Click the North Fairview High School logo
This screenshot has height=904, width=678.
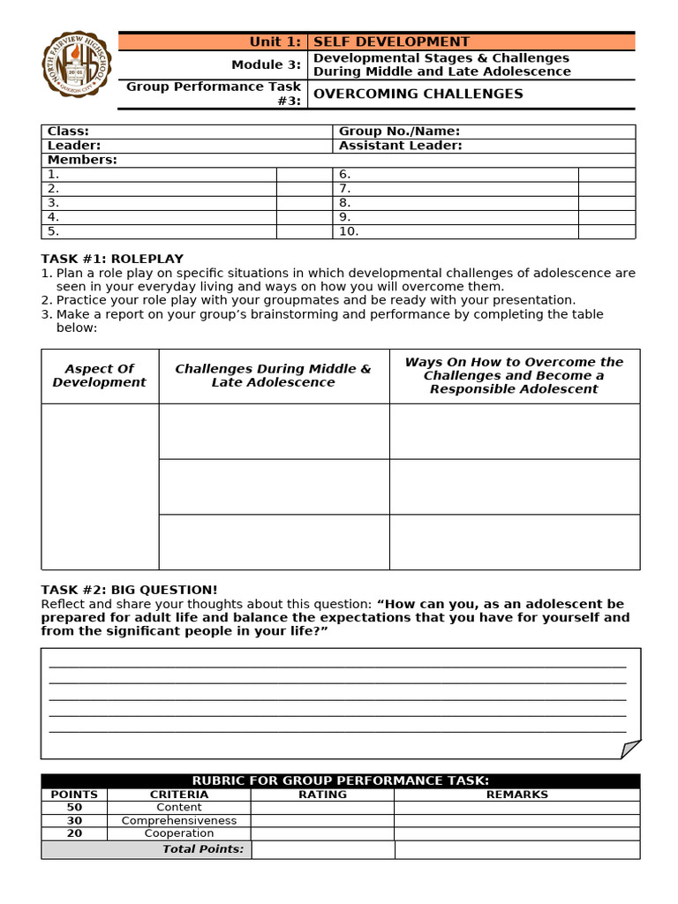coord(78,65)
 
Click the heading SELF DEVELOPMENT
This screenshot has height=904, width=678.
coord(392,41)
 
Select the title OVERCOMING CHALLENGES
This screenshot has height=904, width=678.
coord(418,94)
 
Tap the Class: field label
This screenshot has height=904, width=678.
coord(68,132)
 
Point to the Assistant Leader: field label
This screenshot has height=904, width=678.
coord(400,146)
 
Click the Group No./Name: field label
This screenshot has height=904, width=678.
coord(399,132)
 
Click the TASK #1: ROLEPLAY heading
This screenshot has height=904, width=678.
coord(112,259)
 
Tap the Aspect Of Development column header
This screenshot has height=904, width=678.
coord(100,376)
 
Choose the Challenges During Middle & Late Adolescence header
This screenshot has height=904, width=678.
coord(274,376)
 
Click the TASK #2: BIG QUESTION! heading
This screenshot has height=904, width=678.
coord(129,590)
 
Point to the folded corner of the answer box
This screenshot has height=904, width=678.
coord(630,749)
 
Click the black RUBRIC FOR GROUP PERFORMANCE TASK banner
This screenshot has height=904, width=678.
coord(341,780)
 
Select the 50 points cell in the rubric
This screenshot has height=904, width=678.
coord(74,807)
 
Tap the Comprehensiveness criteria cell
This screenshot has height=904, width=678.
coord(179,820)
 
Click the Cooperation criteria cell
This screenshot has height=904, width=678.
coord(179,833)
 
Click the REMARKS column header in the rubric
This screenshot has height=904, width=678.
coord(516,795)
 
